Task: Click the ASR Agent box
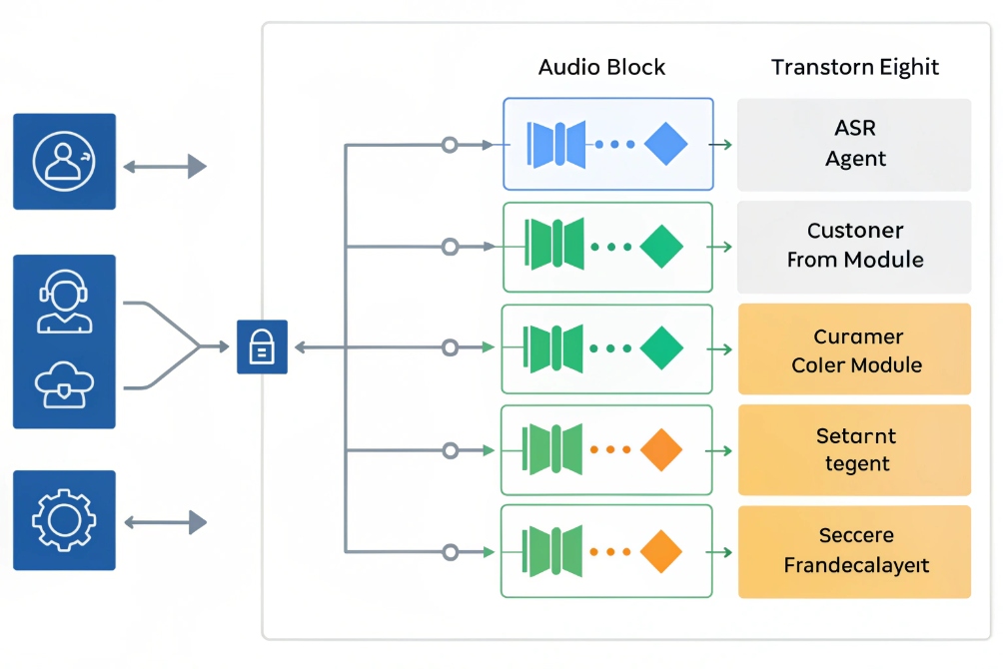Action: tap(854, 144)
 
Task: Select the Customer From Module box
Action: tap(854, 246)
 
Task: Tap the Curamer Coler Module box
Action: tap(854, 349)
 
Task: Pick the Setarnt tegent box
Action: tap(854, 449)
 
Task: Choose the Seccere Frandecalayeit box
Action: tap(854, 551)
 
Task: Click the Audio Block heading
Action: tap(601, 68)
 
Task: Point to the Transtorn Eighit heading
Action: tap(855, 68)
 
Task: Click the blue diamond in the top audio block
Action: tap(666, 144)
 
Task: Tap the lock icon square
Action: tap(262, 346)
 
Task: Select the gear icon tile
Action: tap(64, 520)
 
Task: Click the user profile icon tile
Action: tap(64, 161)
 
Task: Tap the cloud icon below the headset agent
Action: tap(64, 385)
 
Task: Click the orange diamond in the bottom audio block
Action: tap(659, 551)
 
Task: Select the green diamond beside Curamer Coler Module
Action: tap(661, 348)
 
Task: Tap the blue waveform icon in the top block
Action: tap(556, 144)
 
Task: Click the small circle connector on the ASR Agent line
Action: tap(450, 145)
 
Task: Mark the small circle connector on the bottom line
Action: tap(450, 551)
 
